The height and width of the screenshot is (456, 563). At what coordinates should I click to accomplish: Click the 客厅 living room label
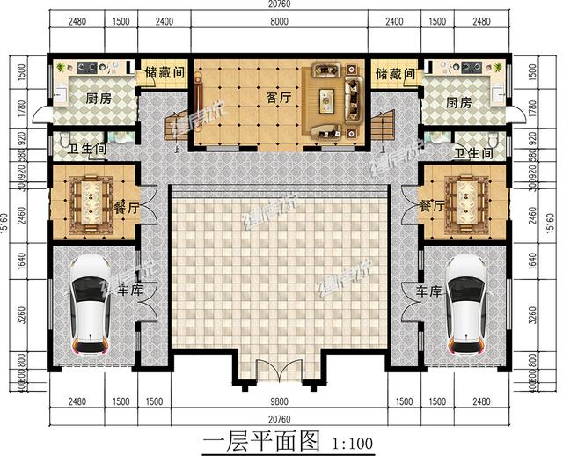tap(277, 99)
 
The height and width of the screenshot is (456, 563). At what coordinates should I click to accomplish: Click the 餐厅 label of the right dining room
tap(431, 206)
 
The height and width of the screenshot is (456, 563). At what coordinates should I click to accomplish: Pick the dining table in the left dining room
tap(91, 203)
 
